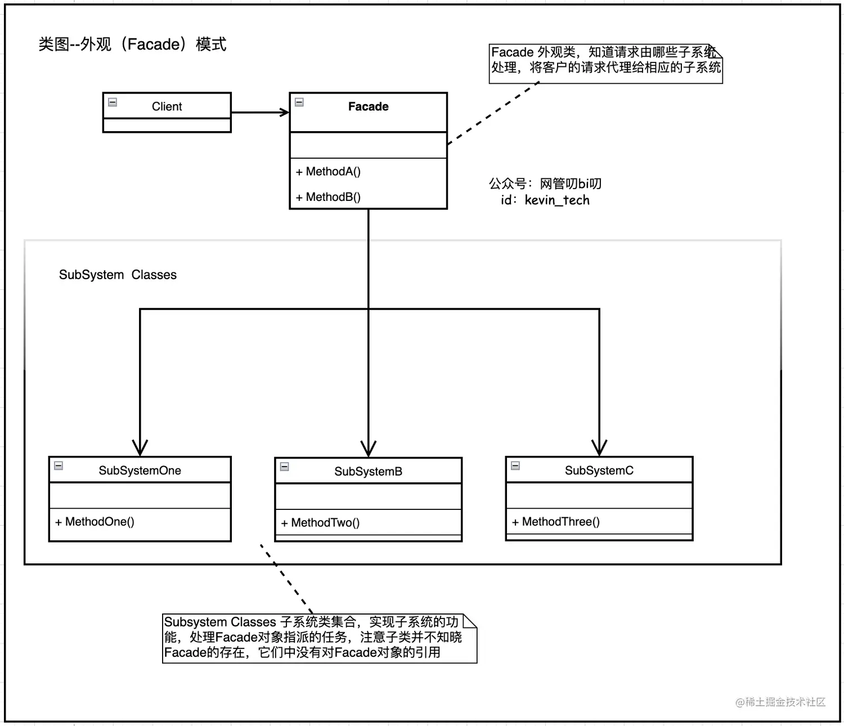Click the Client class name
[167, 106]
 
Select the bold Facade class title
[368, 106]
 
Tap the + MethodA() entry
[329, 172]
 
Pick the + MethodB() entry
[329, 197]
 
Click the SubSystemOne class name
[140, 470]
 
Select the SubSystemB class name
[368, 472]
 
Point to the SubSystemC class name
[599, 470]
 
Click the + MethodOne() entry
[95, 522]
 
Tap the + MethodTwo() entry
[321, 523]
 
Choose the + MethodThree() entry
[556, 522]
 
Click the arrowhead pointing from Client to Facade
[284, 113]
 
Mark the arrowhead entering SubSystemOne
[140, 448]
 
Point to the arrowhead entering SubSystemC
[599, 448]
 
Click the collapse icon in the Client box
[113, 102]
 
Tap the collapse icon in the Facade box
[299, 102]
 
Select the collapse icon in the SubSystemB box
[285, 467]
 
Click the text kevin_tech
[557, 200]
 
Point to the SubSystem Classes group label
[118, 275]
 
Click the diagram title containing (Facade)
[132, 44]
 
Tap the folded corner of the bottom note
[470, 621]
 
